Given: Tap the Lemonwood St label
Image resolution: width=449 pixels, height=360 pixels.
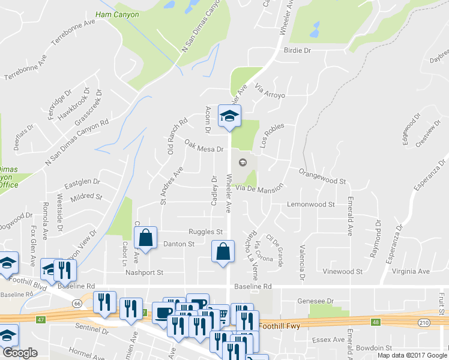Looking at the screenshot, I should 310,205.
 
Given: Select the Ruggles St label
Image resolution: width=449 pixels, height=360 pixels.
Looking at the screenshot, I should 206,232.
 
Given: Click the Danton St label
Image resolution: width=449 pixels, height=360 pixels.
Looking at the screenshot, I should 179,244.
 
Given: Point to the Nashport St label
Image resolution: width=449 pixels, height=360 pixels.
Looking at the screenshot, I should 144,272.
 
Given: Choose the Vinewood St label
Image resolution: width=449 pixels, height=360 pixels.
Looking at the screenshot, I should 342,271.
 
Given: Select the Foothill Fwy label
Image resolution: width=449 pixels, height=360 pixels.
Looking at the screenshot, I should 280,326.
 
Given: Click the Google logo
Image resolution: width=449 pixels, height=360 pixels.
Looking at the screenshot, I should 19,353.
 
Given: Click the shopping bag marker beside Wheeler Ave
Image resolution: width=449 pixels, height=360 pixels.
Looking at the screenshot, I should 223,251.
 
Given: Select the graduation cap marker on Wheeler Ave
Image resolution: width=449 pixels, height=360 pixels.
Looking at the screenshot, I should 229,116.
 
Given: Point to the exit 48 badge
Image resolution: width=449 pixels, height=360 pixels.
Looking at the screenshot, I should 376,322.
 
